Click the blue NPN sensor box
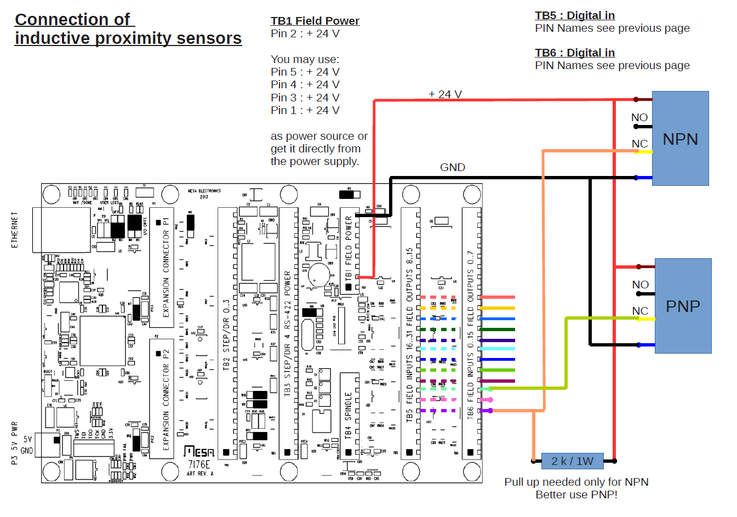click(680, 139)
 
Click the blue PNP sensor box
click(683, 306)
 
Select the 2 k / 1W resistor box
click(572, 461)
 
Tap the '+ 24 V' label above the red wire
click(445, 94)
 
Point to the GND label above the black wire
click(453, 167)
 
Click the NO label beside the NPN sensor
click(639, 117)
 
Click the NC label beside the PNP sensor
click(640, 311)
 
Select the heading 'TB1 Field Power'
click(315, 21)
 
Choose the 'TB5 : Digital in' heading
click(575, 15)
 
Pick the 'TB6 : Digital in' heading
click(575, 53)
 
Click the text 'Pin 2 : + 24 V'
click(305, 33)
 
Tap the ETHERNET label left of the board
click(15, 230)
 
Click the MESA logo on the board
click(199, 451)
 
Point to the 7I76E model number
click(199, 464)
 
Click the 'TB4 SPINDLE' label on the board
click(348, 415)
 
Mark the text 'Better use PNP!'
click(576, 495)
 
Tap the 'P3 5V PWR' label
click(14, 443)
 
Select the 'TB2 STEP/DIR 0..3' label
click(226, 334)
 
